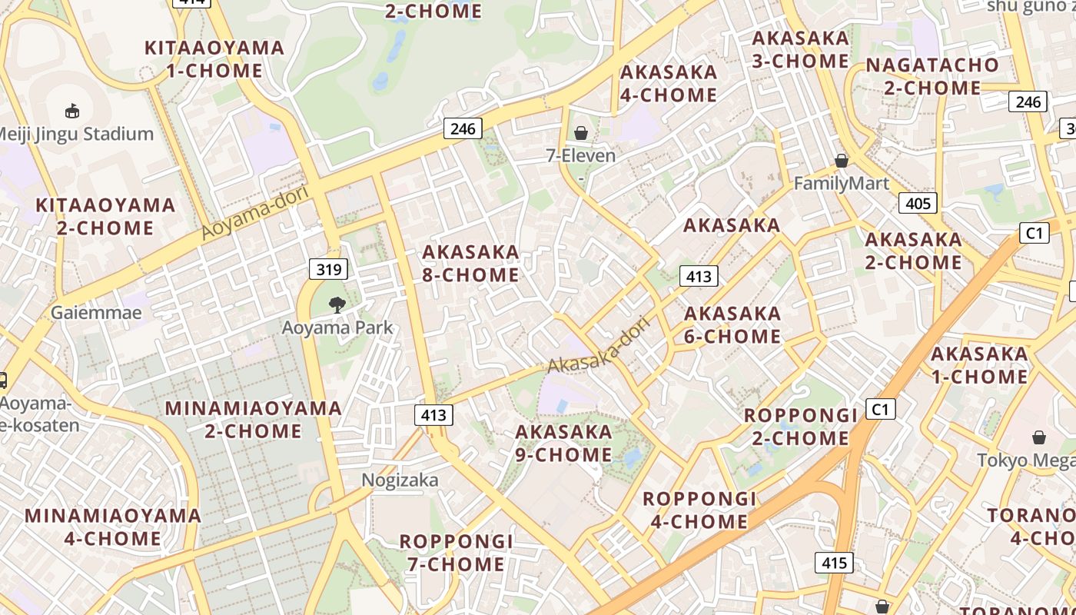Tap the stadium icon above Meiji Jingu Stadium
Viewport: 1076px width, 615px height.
point(72,111)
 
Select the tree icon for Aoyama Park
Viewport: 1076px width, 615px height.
point(337,305)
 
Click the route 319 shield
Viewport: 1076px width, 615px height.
point(328,269)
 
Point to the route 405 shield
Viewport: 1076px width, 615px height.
point(918,203)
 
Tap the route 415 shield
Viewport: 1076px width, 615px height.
point(834,563)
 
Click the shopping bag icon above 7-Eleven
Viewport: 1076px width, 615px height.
point(581,134)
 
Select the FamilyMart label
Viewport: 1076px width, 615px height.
point(841,183)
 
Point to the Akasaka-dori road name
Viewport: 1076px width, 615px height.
point(599,346)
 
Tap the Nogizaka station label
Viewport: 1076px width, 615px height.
point(400,480)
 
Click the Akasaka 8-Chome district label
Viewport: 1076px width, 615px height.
point(470,263)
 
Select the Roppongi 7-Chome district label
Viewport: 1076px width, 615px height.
point(456,553)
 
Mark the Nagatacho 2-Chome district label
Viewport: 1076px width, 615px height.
point(932,76)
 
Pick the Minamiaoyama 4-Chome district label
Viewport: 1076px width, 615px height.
point(113,527)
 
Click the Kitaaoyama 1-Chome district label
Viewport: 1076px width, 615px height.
point(214,59)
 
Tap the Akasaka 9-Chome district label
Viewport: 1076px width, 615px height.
point(563,443)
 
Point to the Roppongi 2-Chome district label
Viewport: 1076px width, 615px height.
point(800,427)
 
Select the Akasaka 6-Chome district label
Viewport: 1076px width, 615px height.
point(732,324)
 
